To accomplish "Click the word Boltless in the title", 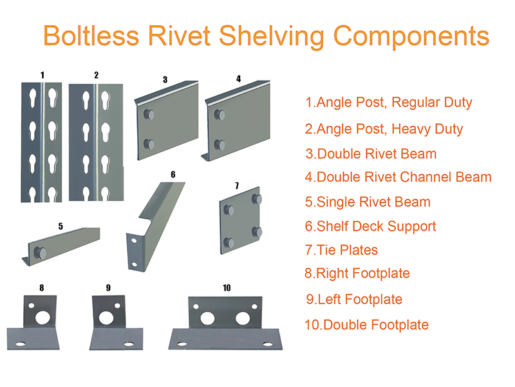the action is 91,35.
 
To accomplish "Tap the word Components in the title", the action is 411,37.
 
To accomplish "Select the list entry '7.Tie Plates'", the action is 341,250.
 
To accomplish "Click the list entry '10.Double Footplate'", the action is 366,325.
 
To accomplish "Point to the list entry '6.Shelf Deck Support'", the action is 371,227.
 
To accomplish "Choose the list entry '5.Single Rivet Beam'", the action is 368,202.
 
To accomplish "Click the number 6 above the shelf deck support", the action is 173,174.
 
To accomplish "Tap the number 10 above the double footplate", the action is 227,288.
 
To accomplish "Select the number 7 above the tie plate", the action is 237,186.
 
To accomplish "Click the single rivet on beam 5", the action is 41,253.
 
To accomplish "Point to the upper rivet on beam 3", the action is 149,115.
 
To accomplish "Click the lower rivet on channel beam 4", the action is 220,144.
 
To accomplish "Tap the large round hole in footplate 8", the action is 42,317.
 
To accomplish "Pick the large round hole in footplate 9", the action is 106,317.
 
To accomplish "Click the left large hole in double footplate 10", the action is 207,318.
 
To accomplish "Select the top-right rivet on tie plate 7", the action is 257,199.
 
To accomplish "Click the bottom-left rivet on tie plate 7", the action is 229,243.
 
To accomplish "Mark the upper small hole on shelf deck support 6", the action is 134,241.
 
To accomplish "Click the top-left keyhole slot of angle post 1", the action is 33,98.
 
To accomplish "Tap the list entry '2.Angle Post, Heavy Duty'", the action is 384,130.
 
